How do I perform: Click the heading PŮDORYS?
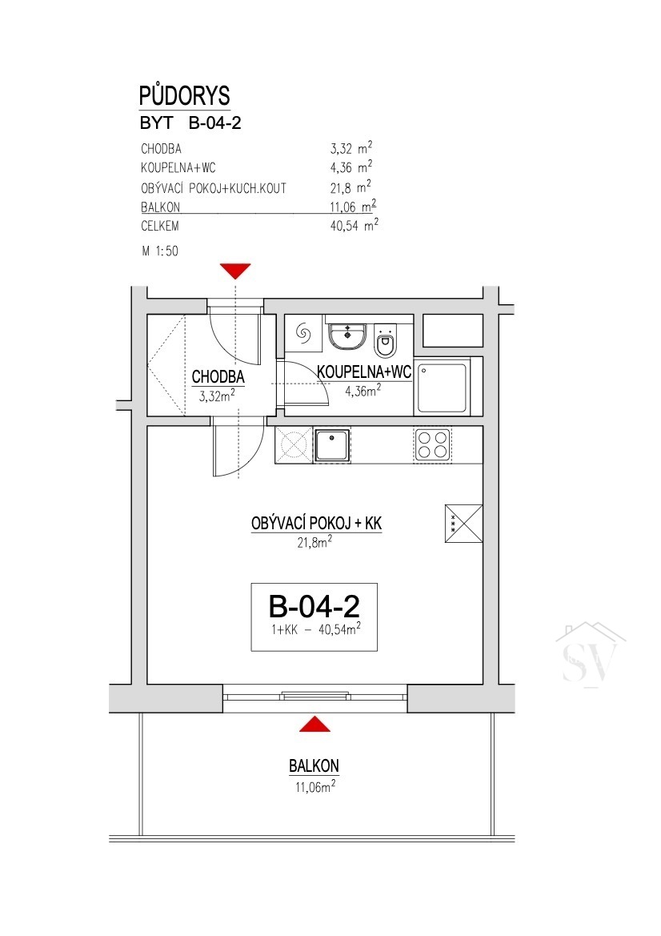184,95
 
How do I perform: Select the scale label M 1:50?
160,251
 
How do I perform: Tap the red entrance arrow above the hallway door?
235,271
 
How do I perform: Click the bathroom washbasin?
347,336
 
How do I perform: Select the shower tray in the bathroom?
442,388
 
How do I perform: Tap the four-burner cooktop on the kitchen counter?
432,444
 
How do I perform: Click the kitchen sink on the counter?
332,445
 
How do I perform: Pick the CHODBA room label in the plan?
218,376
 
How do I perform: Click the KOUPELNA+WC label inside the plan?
364,372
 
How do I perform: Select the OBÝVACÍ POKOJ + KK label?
316,524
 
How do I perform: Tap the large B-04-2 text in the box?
314,606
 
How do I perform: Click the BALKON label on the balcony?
314,766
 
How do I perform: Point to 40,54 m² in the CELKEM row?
355,225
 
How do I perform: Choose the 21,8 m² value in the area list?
351,188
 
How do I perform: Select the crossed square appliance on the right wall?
463,524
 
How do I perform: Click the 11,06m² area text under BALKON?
315,786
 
